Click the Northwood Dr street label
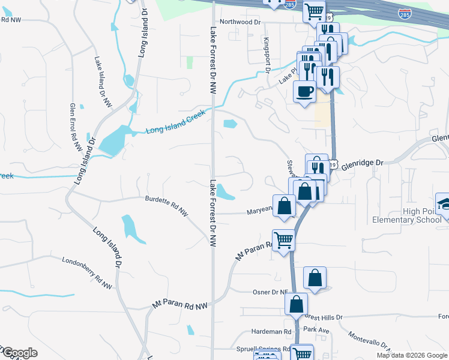tap(241, 22)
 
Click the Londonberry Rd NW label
tap(87, 273)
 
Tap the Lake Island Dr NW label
tap(103, 82)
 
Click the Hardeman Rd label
tap(271, 331)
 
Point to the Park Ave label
tap(316, 329)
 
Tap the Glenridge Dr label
tap(362, 163)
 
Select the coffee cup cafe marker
tap(305, 91)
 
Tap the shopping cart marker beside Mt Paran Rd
tap(283, 240)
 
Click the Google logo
tap(20, 353)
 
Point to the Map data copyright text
tap(412, 355)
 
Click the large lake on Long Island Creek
tap(112, 142)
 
